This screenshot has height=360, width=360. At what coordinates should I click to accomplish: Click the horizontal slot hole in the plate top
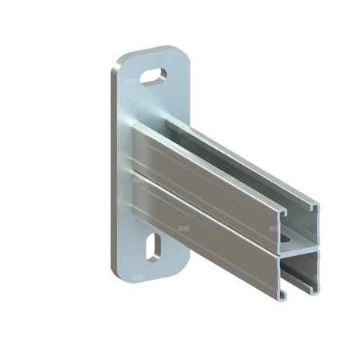154,78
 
